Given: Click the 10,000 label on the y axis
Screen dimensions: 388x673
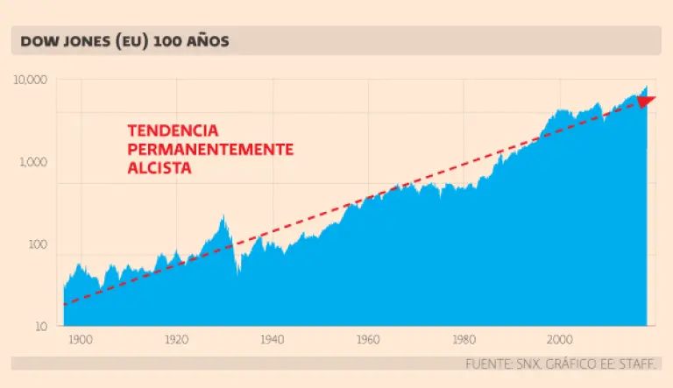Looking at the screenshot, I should (x=32, y=81).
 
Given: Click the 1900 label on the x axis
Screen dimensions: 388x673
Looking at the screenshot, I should (x=80, y=339).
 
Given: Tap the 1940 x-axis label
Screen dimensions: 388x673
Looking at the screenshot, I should (x=272, y=339).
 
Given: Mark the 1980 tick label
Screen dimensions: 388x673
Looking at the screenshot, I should (x=464, y=339).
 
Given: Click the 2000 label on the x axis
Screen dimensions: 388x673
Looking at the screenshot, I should (x=559, y=339).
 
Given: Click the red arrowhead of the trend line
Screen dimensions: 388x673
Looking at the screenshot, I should (x=647, y=101).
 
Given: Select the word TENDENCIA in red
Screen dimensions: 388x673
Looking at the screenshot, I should (x=173, y=131).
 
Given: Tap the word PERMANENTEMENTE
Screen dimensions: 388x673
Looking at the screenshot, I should (x=210, y=149).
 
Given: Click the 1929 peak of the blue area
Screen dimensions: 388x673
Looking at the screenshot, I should (x=223, y=216).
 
